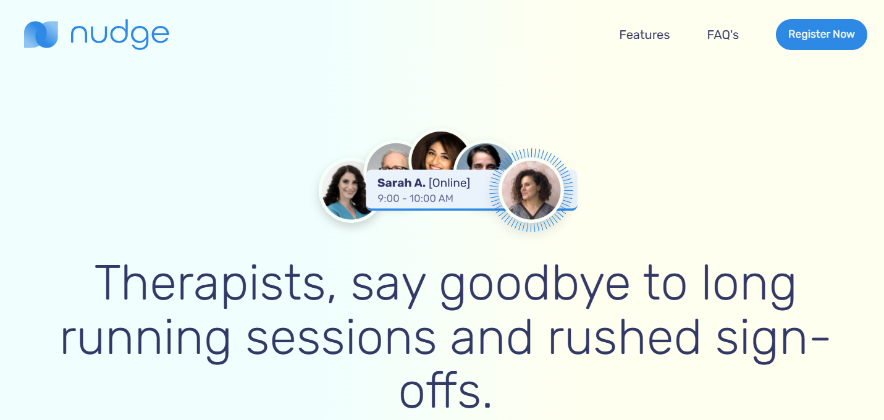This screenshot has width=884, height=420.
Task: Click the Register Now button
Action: tap(821, 35)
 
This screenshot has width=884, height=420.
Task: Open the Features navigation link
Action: tap(644, 35)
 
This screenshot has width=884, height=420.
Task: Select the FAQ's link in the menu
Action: tap(723, 35)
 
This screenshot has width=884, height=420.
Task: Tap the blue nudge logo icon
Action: tap(41, 35)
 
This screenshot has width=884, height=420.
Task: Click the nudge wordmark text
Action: tap(120, 35)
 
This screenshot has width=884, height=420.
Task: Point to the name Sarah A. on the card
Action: tap(401, 183)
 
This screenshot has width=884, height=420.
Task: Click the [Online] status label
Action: tap(449, 183)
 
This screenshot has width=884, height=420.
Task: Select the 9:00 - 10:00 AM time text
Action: tap(415, 198)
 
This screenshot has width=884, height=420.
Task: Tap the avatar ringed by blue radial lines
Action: tap(531, 190)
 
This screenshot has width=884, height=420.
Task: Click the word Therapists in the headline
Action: tap(209, 283)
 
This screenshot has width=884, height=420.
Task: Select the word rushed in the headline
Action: tap(624, 337)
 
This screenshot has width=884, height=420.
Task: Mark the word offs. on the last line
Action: tap(445, 390)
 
